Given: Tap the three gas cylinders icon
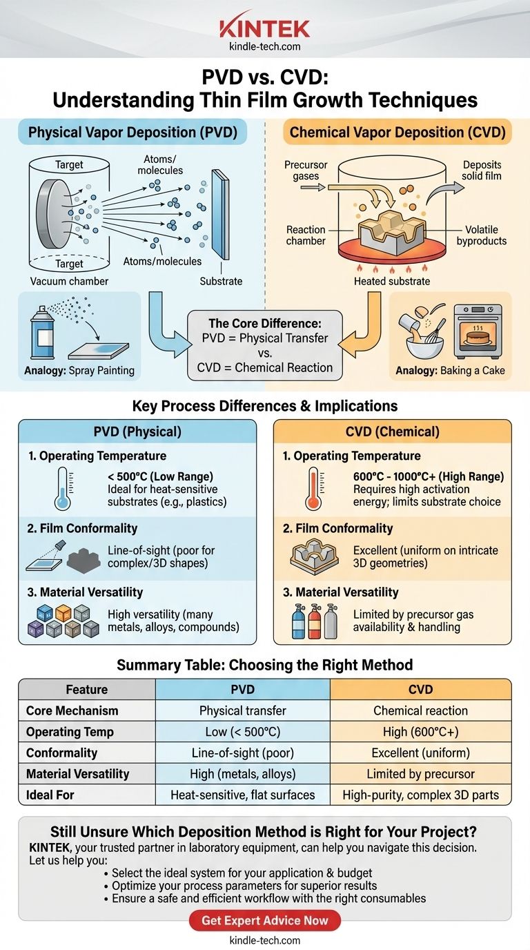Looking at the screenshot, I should point(314,617).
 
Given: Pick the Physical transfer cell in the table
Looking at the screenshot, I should point(242,710).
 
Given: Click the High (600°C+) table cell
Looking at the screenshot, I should point(421,732).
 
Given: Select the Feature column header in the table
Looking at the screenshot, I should point(87,689).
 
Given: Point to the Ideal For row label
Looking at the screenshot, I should point(50,795).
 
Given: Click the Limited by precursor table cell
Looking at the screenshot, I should point(421,774).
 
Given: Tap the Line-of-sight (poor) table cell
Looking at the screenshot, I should point(242,753).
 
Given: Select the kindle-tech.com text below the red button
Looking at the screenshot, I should point(265,940).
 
